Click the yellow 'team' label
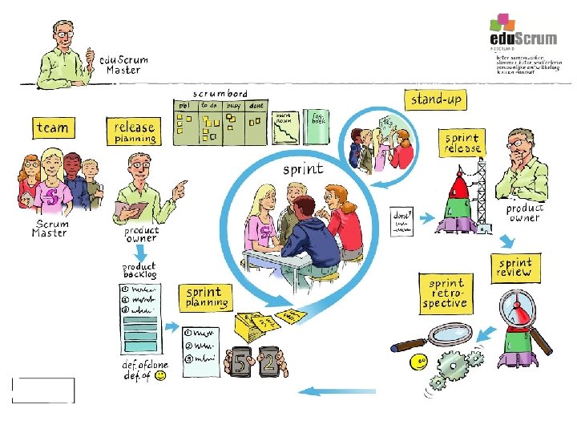53,127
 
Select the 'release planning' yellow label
135,132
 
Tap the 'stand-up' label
437,100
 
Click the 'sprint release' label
463,144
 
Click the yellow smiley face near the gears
418,362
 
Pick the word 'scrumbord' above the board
220,93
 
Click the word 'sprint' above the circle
303,169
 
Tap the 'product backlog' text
139,270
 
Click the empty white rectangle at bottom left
43,390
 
